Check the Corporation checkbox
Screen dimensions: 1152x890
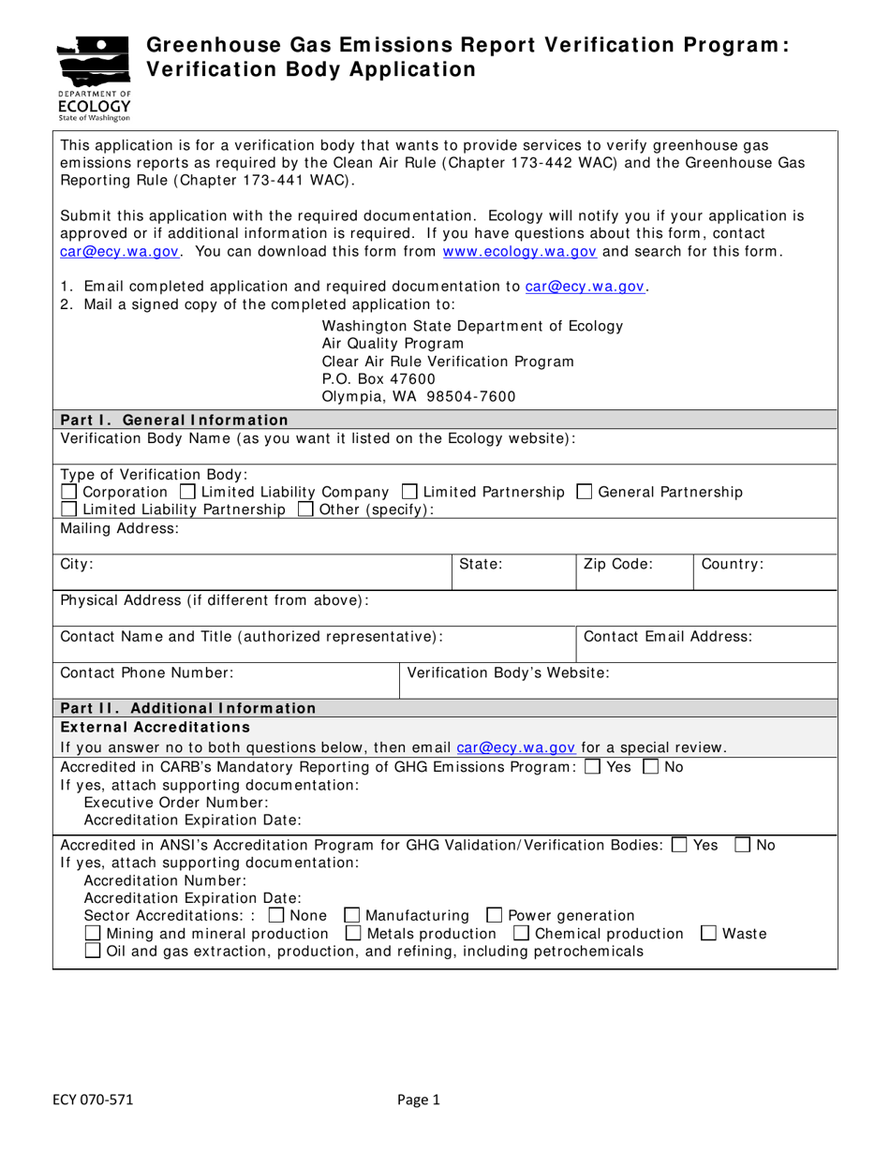69,492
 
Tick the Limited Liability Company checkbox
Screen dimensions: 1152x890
187,492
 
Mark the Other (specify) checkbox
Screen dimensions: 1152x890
305,510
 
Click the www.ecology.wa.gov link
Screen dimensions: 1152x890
519,251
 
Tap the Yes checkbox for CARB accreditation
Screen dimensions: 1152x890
592,767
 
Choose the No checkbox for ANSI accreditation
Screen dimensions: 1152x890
742,845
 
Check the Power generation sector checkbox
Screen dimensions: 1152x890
494,915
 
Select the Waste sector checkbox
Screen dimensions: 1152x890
709,933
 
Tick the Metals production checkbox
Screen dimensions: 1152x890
353,933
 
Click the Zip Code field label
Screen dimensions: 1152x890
617,565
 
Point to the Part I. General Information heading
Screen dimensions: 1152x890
174,420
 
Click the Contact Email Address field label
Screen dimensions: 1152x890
667,637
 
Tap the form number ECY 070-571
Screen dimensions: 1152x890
92,1100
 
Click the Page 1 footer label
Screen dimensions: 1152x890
418,1100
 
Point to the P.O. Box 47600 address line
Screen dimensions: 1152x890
378,378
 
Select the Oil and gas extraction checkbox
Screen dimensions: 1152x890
93,951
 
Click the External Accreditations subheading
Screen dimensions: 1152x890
155,727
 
